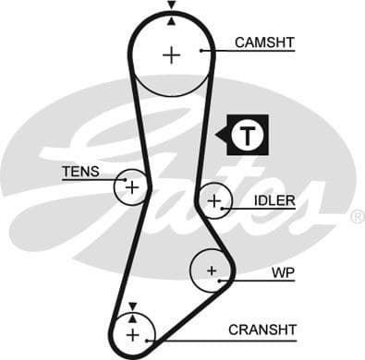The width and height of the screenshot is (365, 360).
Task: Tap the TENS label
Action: coord(79,171)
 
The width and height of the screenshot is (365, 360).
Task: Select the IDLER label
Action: coord(276,200)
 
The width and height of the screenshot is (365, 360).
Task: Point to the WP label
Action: coord(282,273)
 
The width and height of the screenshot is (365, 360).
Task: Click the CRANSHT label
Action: coord(262,329)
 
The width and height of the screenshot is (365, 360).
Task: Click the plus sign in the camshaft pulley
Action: coord(171,54)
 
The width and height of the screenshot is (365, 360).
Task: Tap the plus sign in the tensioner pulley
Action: coord(131,188)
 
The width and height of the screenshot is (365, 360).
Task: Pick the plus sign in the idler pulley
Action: coord(214,199)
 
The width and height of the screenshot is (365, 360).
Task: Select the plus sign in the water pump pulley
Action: coord(212,270)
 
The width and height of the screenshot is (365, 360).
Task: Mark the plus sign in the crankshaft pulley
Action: coord(132,332)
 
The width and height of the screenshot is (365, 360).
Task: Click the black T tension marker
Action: coord(242,136)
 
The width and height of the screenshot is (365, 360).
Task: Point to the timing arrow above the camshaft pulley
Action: coord(171,7)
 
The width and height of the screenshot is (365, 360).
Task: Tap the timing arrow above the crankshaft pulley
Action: coord(132,306)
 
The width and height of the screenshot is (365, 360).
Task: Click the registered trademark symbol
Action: coord(357,217)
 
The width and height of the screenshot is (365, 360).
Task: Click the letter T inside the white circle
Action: coord(247,137)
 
